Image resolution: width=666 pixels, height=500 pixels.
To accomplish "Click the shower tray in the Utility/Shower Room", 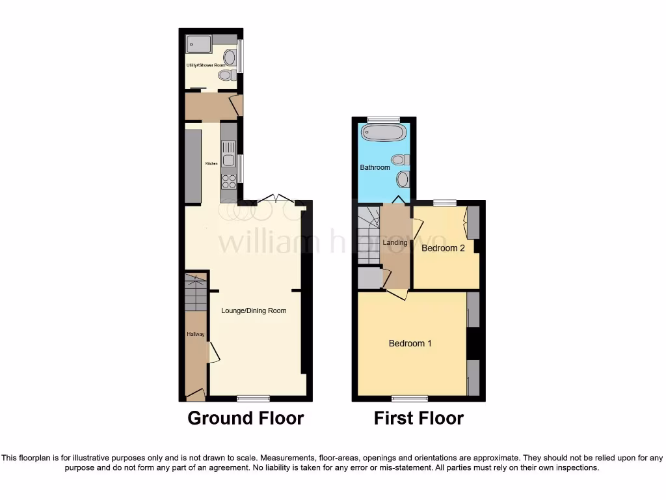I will (198, 44).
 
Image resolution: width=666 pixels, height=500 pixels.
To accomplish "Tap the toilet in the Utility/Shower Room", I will (226, 76).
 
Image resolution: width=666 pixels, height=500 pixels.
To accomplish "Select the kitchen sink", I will (228, 160).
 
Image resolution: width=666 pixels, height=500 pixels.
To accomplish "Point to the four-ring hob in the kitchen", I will (229, 180).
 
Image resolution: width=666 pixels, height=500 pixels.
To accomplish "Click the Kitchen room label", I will (211, 163).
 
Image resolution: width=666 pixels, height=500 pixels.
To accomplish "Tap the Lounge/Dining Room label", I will (254, 311).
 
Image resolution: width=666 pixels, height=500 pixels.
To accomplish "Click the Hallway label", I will (196, 335).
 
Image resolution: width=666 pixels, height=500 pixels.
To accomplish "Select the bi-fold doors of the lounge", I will (276, 199).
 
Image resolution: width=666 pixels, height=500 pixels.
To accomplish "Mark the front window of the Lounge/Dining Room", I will (253, 398).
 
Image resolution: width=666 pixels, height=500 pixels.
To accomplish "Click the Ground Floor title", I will (245, 418).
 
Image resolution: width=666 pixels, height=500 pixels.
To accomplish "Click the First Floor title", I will (418, 418).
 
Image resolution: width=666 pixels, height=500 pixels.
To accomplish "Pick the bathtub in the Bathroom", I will (384, 133).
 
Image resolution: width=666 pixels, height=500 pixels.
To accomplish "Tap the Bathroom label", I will (375, 168).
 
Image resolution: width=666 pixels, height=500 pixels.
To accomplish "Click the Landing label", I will (395, 243).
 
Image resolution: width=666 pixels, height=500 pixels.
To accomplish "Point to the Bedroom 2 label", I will (443, 248).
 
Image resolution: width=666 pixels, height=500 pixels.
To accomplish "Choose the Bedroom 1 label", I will (410, 344).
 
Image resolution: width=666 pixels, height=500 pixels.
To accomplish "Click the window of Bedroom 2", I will (444, 202).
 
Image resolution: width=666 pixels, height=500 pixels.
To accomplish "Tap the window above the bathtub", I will (383, 120).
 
